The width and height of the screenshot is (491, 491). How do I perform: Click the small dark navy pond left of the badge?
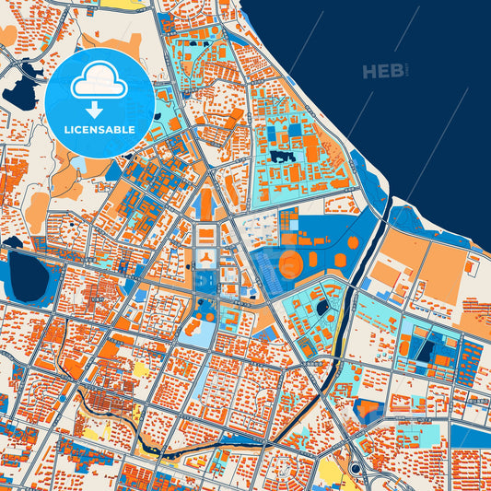click(x=19, y=93)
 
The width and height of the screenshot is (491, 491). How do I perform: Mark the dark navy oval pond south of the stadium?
click(x=321, y=308)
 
